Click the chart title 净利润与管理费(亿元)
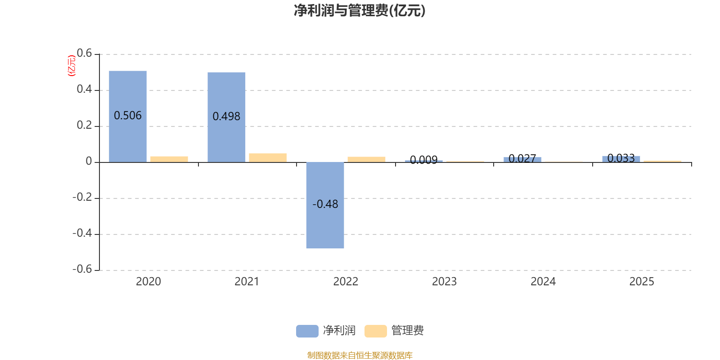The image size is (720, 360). (x=360, y=11)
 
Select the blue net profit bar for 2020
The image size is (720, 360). (x=128, y=117)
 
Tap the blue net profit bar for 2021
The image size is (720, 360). (x=226, y=117)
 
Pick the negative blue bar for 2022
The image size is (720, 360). (x=325, y=205)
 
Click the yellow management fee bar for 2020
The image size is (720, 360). (x=169, y=159)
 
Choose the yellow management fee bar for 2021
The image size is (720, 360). (x=268, y=158)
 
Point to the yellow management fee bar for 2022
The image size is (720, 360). (x=366, y=159)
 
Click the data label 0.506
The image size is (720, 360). (x=128, y=116)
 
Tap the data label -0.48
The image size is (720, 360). (x=325, y=204)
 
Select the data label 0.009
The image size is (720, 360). (x=423, y=160)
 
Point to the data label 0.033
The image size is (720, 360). (x=621, y=158)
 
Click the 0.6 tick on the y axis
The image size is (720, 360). (x=85, y=53)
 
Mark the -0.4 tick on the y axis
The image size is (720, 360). (x=82, y=233)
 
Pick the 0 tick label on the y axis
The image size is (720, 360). (x=89, y=161)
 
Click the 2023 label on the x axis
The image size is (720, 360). (x=444, y=282)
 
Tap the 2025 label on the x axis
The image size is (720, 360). (x=642, y=282)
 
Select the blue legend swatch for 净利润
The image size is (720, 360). (x=307, y=331)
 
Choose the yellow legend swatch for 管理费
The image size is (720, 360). (x=375, y=331)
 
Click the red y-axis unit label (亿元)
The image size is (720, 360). (x=72, y=66)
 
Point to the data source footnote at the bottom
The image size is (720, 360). (x=360, y=355)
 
